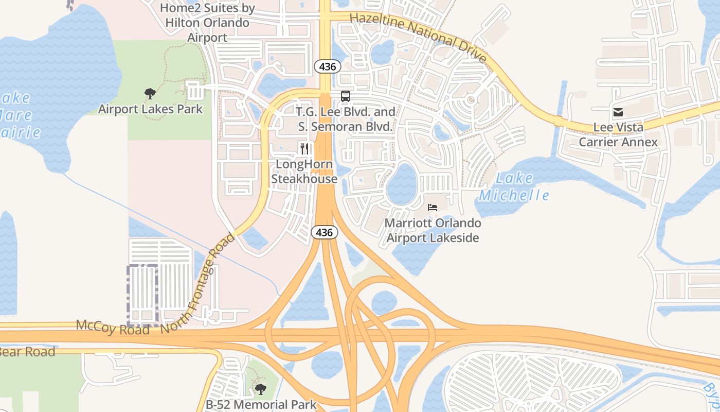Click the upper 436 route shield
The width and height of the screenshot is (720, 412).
(327, 66)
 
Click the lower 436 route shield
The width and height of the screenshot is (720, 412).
(324, 232)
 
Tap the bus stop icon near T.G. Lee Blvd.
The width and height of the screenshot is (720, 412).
(346, 96)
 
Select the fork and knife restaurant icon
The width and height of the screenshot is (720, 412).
(304, 149)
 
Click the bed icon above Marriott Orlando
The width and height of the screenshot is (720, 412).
(433, 208)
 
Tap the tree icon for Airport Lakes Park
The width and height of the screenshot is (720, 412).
(150, 94)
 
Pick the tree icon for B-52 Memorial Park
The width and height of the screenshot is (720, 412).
(261, 389)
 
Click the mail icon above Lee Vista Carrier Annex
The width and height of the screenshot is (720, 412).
(618, 112)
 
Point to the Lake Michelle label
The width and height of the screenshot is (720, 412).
(514, 187)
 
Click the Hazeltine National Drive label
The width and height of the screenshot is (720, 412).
(418, 38)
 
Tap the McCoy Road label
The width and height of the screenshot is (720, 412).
(113, 327)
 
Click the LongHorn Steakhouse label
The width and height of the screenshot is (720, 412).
(304, 171)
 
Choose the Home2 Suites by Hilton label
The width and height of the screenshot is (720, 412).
(207, 23)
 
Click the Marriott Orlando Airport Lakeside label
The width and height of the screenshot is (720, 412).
(433, 230)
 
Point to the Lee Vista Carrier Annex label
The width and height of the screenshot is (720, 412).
(618, 134)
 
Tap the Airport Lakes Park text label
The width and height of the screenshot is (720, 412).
(151, 109)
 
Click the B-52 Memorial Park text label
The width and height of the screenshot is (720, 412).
(261, 405)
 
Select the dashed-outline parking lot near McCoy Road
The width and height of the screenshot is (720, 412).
(142, 295)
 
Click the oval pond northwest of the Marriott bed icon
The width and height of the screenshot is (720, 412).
(402, 184)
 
